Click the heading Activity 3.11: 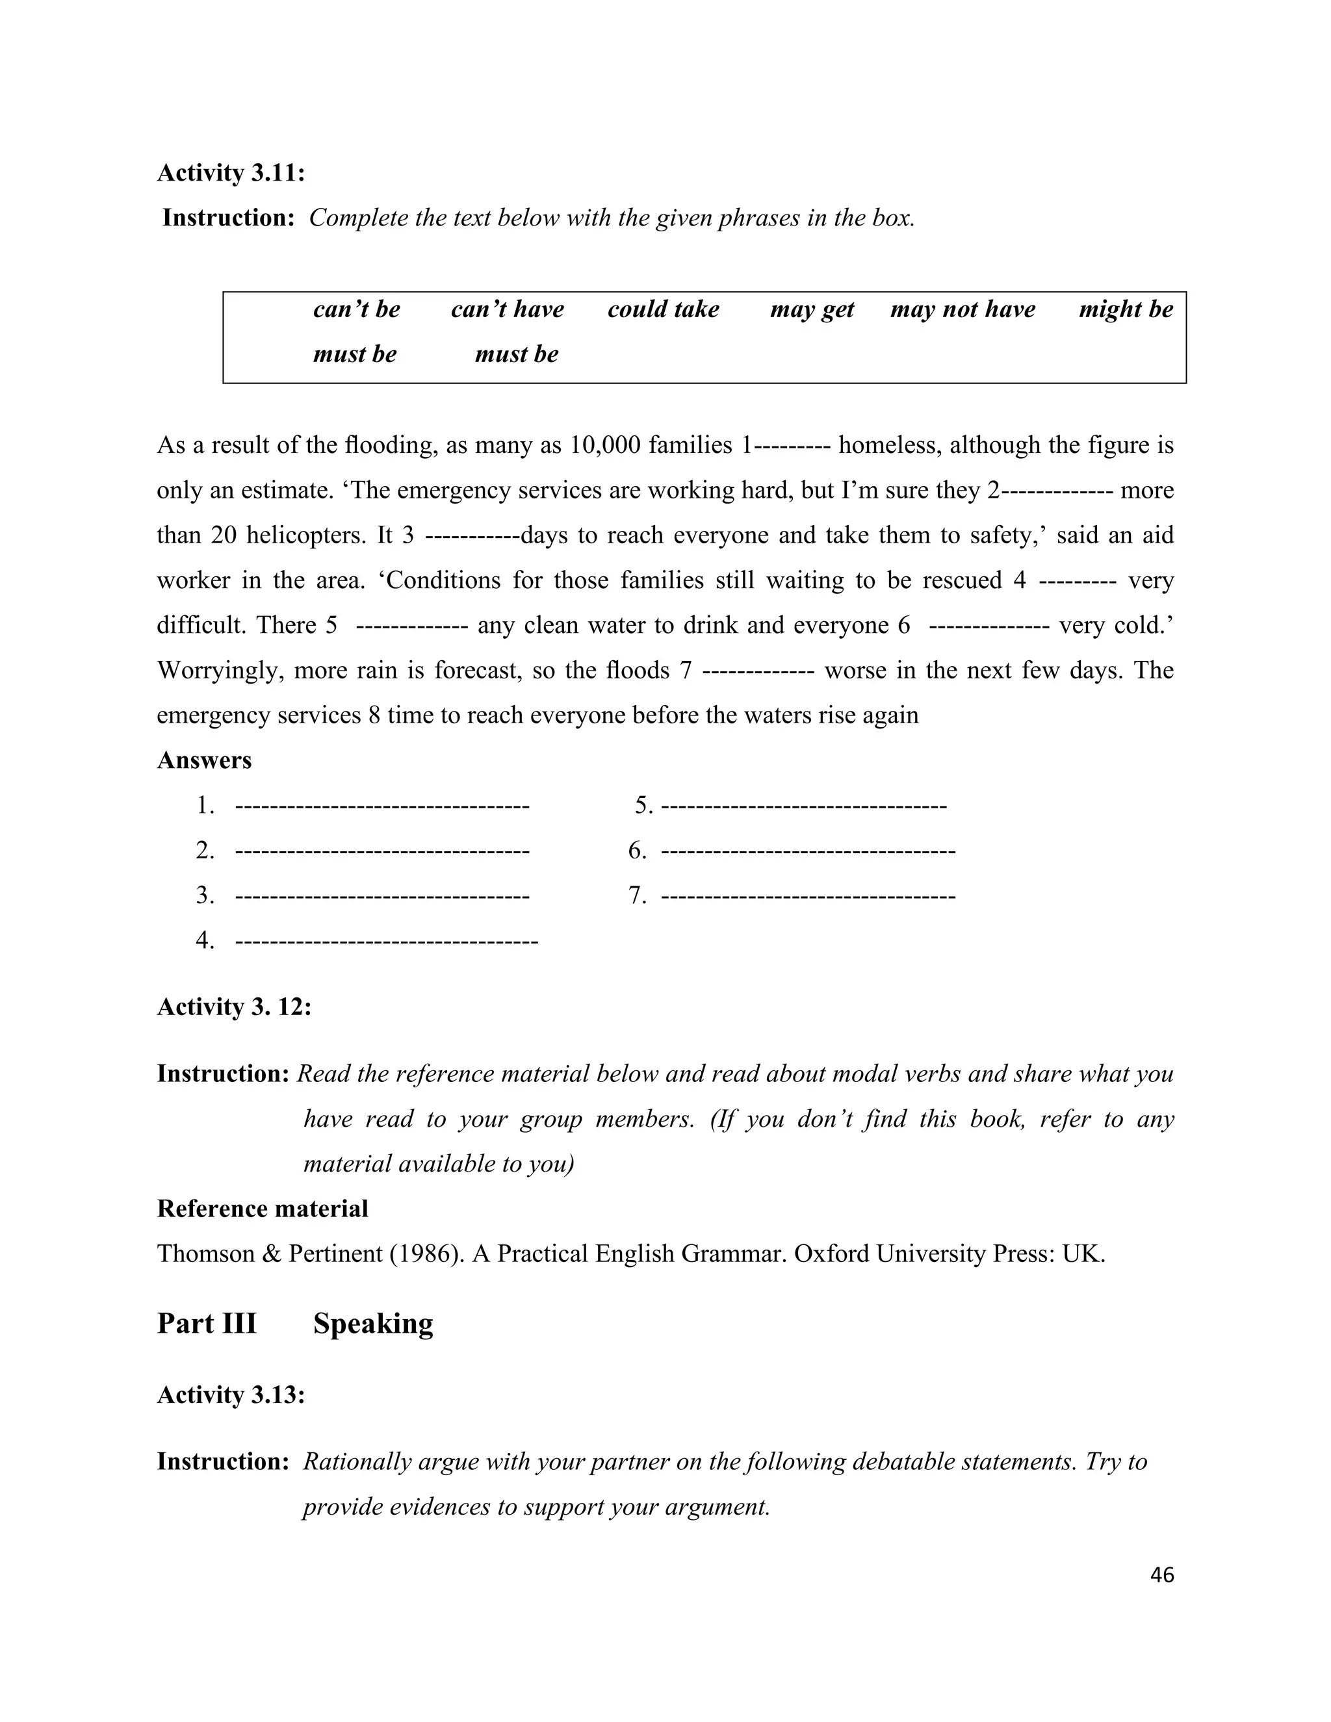231,173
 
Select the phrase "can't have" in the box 507,309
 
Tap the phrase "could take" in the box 663,309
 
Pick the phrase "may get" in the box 811,309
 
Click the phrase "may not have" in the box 962,309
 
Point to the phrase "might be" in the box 1125,309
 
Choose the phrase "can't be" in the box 356,309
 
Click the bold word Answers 204,760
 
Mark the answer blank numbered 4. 387,941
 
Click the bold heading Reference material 263,1209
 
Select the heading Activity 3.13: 231,1394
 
